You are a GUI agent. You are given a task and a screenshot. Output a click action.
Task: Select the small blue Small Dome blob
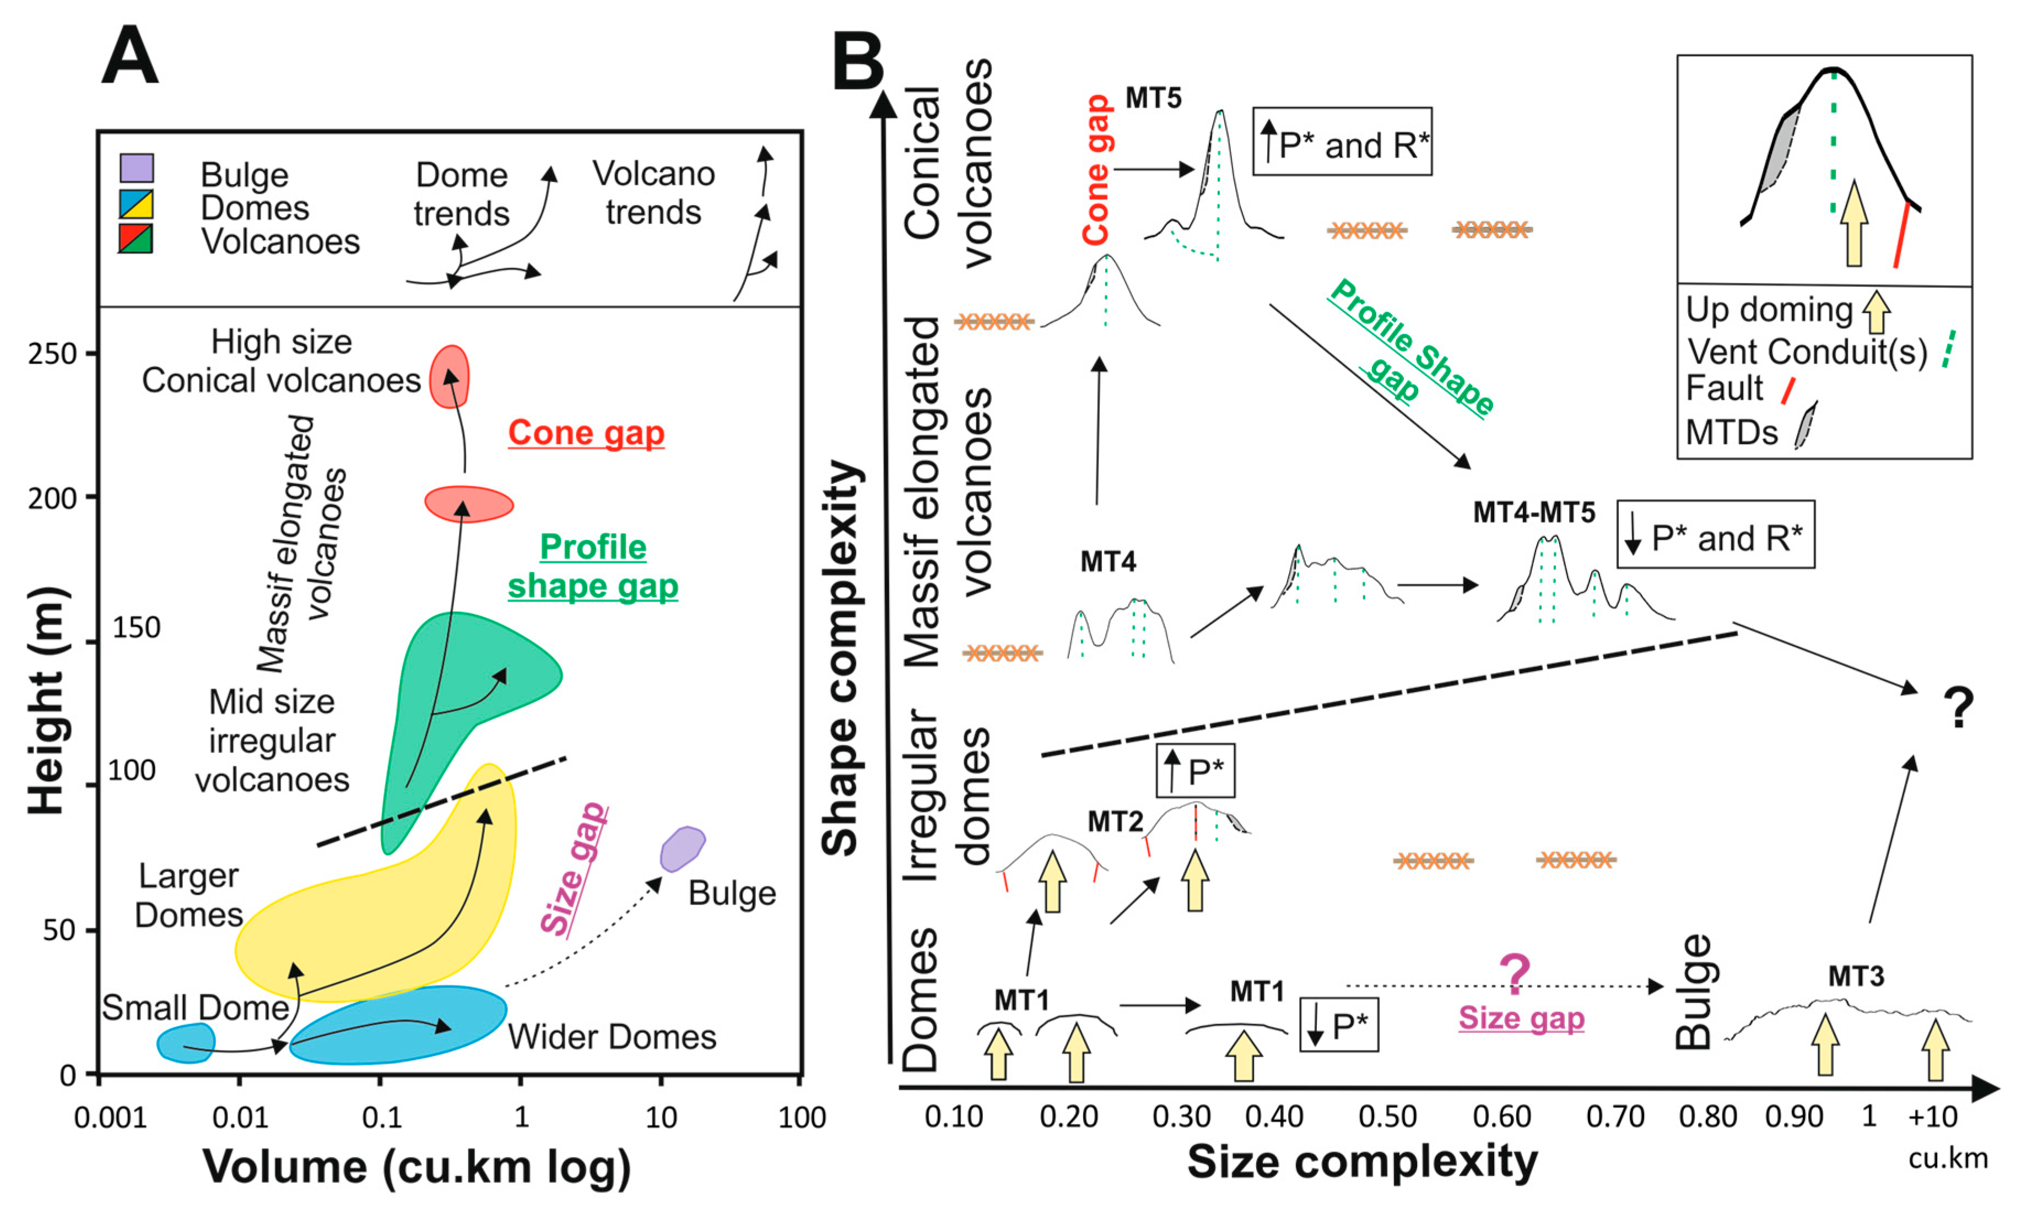tap(186, 1043)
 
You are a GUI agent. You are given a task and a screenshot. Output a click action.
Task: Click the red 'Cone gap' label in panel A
tap(586, 432)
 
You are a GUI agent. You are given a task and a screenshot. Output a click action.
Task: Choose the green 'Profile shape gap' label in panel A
tap(593, 566)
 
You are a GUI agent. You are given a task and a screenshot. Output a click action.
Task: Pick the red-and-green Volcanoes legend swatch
tap(136, 239)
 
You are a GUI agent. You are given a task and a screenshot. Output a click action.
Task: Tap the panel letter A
tap(129, 55)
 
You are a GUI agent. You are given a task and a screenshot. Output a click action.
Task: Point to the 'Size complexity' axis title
tap(1363, 1161)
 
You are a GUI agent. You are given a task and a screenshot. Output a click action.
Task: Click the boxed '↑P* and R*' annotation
tap(1342, 142)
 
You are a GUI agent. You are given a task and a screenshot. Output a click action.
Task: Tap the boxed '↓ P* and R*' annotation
tap(1716, 534)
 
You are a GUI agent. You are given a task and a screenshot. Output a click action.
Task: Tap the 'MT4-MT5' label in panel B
tap(1534, 512)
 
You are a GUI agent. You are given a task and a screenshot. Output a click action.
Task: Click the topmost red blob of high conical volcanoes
tap(449, 376)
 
